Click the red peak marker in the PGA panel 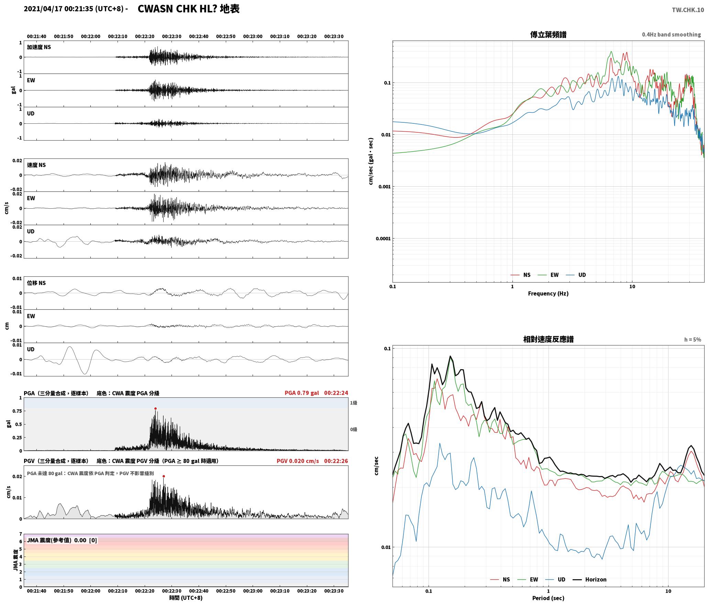(155, 408)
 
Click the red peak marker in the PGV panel (164, 476)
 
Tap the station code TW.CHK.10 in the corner (688, 10)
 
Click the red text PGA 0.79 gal (302, 393)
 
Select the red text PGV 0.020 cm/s (298, 461)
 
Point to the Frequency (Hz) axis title (548, 294)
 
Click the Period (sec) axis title (548, 598)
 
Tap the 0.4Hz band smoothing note (671, 35)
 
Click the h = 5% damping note (693, 340)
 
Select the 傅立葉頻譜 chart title (548, 35)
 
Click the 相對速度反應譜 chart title (548, 339)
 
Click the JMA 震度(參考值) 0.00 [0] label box (62, 540)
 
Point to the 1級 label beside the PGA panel (354, 403)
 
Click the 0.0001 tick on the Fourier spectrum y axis (383, 239)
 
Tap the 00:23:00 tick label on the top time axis (253, 36)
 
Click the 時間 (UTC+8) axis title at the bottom (186, 598)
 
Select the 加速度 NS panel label (39, 47)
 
